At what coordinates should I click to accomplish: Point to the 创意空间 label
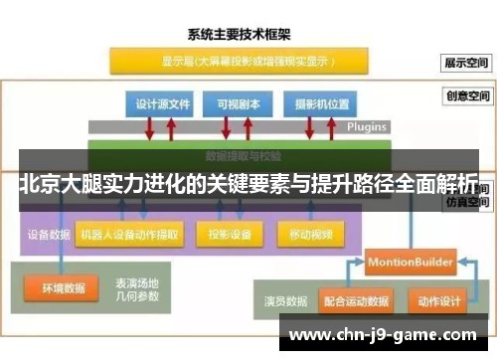point(466,97)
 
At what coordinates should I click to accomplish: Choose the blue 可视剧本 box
point(233,103)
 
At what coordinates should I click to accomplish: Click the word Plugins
point(367,127)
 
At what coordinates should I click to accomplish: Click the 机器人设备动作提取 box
point(130,236)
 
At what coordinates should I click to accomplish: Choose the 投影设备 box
point(230,236)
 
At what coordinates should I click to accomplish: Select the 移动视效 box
point(311,236)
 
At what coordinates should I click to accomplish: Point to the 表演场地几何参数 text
point(137,288)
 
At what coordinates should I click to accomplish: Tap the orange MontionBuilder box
point(410,263)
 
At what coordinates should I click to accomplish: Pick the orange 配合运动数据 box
point(355,298)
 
